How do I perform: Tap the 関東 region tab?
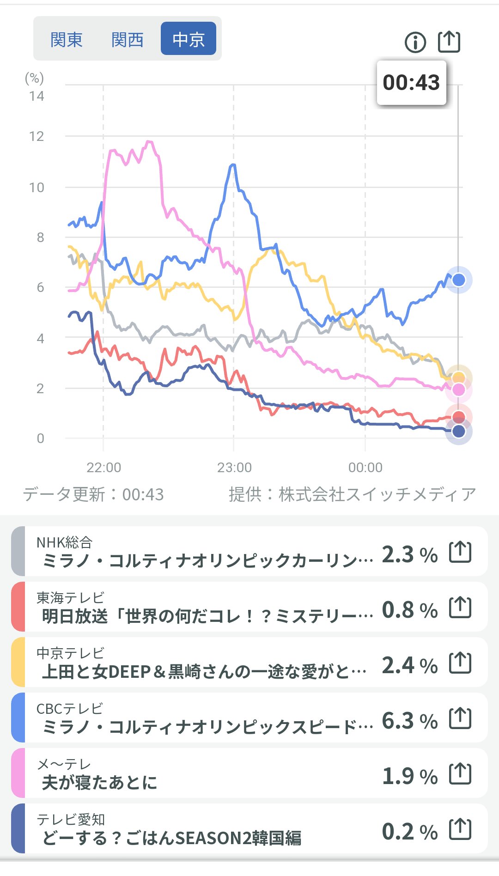click(x=67, y=40)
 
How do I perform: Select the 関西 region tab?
click(x=128, y=40)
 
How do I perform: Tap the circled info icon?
click(x=415, y=43)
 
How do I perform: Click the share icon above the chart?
click(x=449, y=42)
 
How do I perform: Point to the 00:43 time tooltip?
click(x=411, y=83)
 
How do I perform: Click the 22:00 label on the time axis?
click(x=103, y=468)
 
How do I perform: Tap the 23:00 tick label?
click(x=234, y=468)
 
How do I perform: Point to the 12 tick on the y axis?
click(x=37, y=137)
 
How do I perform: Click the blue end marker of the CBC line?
click(x=458, y=280)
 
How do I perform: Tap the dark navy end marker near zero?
click(x=458, y=432)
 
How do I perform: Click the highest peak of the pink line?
click(x=149, y=141)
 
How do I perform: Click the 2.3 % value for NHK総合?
click(x=409, y=554)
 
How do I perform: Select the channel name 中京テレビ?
click(x=70, y=653)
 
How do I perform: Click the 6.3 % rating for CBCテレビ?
click(x=409, y=721)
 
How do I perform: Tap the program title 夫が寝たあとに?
click(x=100, y=783)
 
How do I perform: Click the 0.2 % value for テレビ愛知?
click(x=409, y=832)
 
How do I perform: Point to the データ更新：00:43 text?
click(x=93, y=494)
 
